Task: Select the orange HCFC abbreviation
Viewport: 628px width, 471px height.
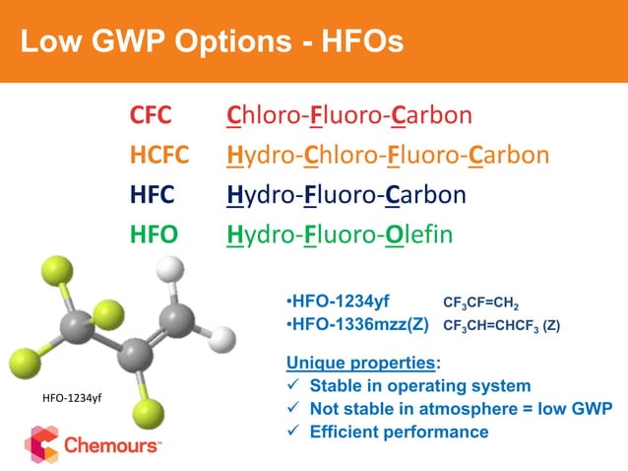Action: pyautogui.click(x=162, y=156)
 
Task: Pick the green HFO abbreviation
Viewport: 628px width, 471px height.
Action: pyautogui.click(x=154, y=235)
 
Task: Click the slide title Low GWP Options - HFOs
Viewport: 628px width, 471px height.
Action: pyautogui.click(x=212, y=42)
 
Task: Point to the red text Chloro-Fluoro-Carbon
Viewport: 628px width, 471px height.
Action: pyautogui.click(x=349, y=116)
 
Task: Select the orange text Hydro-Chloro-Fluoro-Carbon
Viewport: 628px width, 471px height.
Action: pyautogui.click(x=387, y=156)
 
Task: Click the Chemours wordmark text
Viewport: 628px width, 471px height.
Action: pyautogui.click(x=112, y=445)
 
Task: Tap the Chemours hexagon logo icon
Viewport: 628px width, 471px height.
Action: pyautogui.click(x=41, y=444)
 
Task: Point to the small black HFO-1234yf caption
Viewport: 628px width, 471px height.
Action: pyautogui.click(x=74, y=397)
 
